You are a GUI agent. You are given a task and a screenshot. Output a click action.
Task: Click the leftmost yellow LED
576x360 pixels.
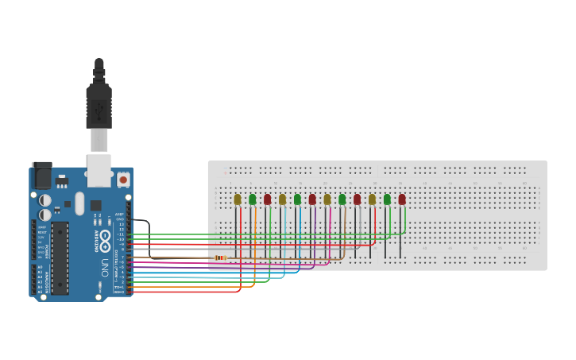[238, 199]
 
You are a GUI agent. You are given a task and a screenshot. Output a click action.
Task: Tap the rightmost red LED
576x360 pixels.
[402, 199]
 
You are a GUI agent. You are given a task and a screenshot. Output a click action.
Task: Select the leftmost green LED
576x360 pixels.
[253, 199]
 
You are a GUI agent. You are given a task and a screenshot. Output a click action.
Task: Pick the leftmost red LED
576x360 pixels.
[268, 199]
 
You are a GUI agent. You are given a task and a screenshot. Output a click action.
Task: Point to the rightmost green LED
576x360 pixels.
[387, 199]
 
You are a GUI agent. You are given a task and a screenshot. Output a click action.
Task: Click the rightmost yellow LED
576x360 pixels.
[372, 199]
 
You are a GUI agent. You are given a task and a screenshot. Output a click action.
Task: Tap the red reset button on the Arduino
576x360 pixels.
[123, 180]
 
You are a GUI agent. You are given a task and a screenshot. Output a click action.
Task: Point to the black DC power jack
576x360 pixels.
[41, 174]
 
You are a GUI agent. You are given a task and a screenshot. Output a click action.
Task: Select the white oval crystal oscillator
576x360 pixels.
[79, 202]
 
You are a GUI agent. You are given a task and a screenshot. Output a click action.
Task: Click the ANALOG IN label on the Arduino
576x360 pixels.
[46, 278]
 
